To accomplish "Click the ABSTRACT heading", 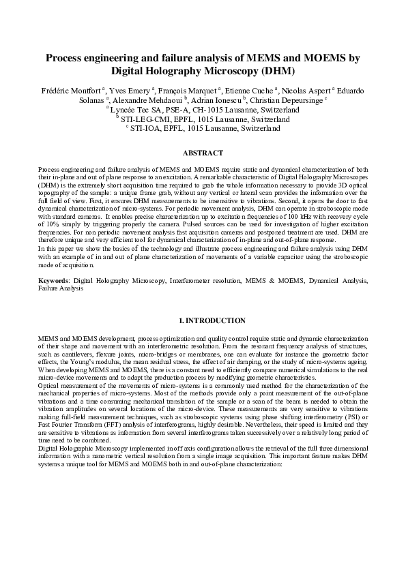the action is (x=203, y=153).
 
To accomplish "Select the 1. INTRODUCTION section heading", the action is (x=203, y=320).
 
